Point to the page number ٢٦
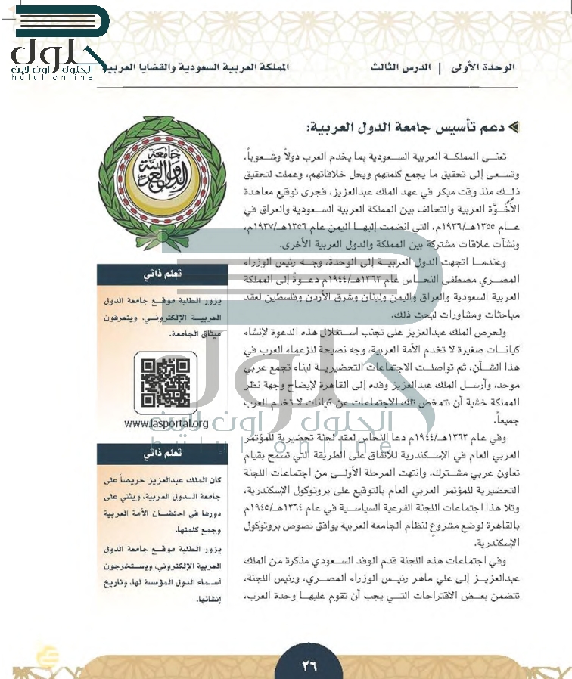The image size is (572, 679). [309, 665]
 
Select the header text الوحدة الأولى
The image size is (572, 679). [487, 67]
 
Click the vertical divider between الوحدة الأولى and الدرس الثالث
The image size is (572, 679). [440, 67]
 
